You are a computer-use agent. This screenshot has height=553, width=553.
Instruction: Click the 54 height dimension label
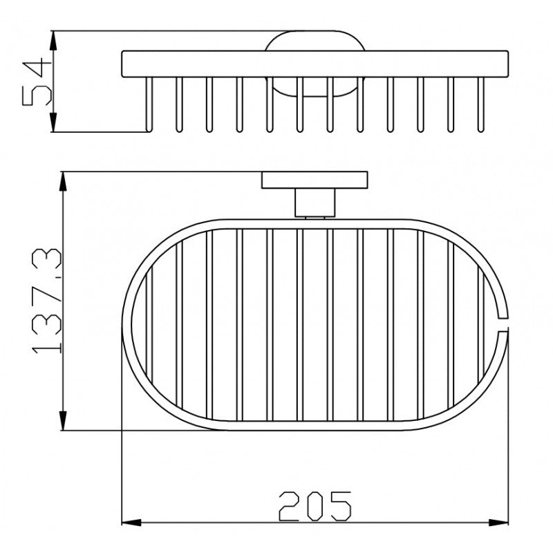36,81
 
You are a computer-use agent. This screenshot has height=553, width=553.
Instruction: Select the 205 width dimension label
315,506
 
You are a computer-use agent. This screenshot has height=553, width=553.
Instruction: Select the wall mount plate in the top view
315,180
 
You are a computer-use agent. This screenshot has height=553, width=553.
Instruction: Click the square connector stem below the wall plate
315,203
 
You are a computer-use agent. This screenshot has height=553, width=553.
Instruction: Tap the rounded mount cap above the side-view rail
315,41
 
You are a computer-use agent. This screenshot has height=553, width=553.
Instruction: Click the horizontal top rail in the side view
315,64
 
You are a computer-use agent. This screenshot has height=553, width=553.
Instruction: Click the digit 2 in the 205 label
290,506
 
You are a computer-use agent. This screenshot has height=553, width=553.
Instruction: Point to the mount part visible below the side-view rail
315,90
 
